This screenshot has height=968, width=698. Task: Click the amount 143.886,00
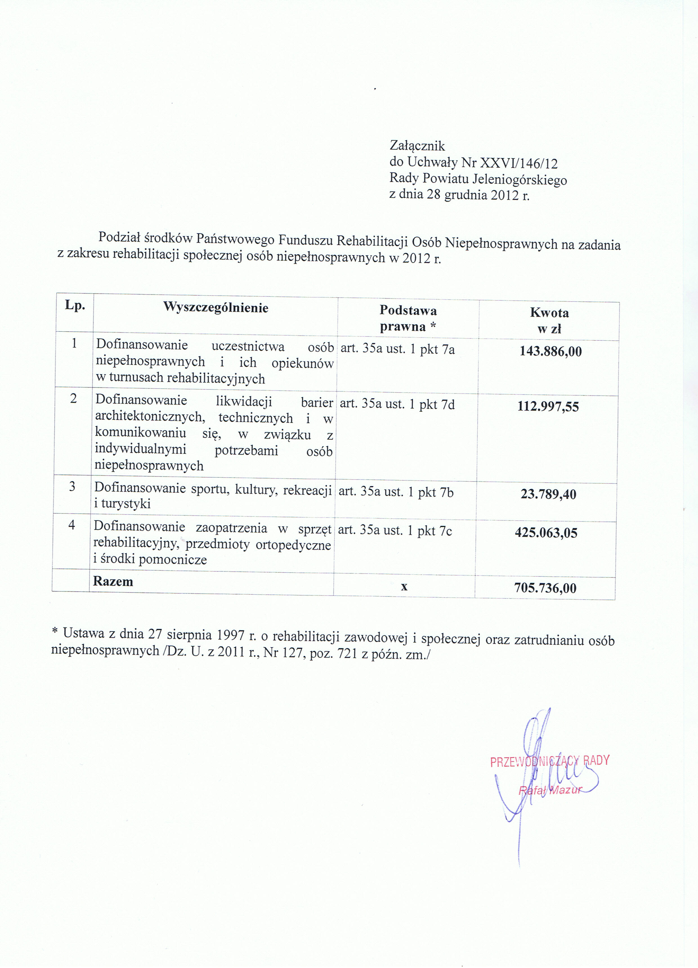tap(551, 351)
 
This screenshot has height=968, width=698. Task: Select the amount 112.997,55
tap(548, 406)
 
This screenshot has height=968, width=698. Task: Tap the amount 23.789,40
tap(548, 494)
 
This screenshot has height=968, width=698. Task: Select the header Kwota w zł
tap(549, 320)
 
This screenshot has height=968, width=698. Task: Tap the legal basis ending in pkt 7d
tap(397, 404)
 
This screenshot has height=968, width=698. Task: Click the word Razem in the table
tap(113, 581)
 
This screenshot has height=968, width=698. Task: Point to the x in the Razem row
tap(404, 586)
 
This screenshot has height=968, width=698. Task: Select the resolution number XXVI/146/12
tap(519, 163)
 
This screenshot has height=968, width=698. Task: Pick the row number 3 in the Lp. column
tap(72, 487)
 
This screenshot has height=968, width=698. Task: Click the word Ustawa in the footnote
tap(84, 633)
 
